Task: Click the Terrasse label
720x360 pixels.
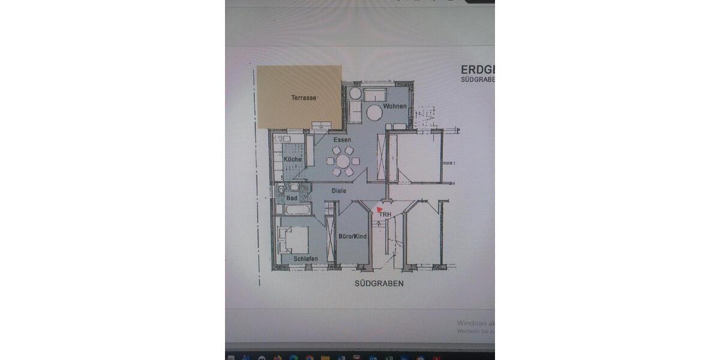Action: (x=303, y=98)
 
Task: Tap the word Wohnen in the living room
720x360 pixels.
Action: (x=395, y=107)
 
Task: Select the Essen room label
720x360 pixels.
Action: (x=342, y=140)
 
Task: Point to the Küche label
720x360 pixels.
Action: (x=292, y=160)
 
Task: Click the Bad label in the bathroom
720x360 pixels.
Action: (x=292, y=198)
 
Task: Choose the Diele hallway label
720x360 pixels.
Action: (x=339, y=191)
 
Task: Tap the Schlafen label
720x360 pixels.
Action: (x=305, y=259)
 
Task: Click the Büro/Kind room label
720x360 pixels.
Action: (x=352, y=236)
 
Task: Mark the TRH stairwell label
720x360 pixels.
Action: (x=385, y=214)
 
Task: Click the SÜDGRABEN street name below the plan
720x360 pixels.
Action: (x=379, y=283)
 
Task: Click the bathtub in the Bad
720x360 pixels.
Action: (x=293, y=210)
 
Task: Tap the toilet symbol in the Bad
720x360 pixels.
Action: (x=281, y=191)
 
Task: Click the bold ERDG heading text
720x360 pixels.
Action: (x=478, y=68)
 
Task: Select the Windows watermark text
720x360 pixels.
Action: (x=475, y=323)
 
